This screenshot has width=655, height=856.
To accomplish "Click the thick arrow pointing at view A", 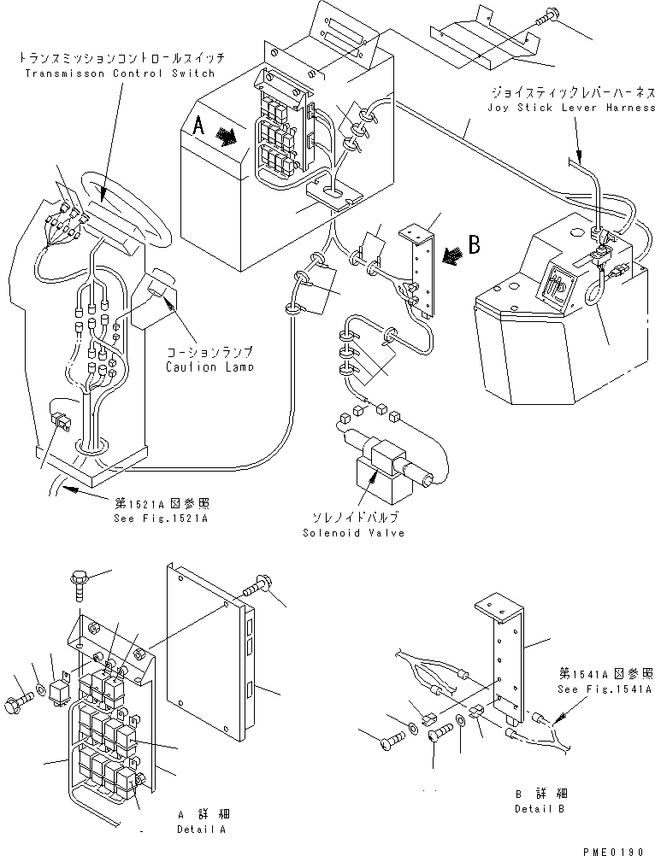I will coord(227,136).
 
